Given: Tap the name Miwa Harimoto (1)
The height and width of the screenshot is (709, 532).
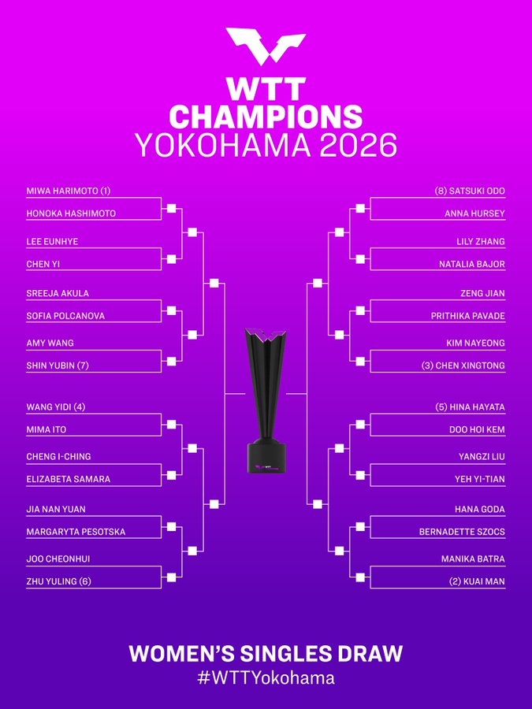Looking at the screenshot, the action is (69, 191).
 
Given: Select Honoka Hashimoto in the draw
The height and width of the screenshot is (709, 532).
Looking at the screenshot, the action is (71, 213).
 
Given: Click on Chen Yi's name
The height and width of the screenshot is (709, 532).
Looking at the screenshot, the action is (43, 264).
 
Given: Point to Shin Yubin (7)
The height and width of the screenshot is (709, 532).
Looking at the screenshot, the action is (58, 366).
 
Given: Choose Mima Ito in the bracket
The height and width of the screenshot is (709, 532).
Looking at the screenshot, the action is (47, 429).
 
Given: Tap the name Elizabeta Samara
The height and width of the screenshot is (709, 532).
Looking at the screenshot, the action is (69, 479).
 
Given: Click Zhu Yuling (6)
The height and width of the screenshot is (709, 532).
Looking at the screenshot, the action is (59, 581).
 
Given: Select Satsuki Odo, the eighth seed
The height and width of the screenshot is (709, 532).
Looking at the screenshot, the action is (470, 191).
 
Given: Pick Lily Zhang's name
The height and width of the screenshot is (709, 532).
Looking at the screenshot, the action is (481, 242).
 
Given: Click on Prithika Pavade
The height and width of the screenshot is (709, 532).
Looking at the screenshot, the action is (467, 316).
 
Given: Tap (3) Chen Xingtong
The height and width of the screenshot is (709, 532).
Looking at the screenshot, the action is (463, 366).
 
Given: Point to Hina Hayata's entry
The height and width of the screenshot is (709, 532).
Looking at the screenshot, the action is (470, 407).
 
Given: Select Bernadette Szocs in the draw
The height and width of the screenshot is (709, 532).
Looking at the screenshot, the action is (462, 532).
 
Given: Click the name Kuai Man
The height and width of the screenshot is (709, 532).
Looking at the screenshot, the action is (478, 581).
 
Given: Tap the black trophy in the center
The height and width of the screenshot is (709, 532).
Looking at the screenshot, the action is (266, 400).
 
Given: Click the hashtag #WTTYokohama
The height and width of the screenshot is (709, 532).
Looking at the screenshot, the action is (266, 677).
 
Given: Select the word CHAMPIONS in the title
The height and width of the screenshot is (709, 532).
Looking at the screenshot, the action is (266, 117).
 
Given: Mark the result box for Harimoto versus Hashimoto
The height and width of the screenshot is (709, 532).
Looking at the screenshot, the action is (172, 209).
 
